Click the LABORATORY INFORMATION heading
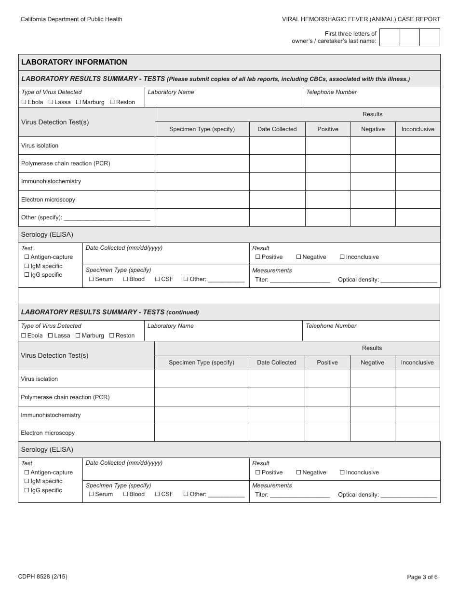[74, 62]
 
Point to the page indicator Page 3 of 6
[422, 577]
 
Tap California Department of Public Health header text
[71, 19]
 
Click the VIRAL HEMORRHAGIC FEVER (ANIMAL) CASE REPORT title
[361, 19]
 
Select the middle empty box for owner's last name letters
[410, 37]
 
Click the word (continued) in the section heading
[183, 312]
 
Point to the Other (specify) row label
[41, 217]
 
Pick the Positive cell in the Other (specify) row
[328, 217]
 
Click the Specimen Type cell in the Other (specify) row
[202, 217]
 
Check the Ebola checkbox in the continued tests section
[24, 336]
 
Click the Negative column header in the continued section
[372, 363]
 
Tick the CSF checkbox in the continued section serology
[157, 494]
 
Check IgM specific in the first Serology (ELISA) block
[27, 266]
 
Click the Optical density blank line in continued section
[408, 495]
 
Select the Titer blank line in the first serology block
[299, 280]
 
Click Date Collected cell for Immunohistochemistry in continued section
[277, 415]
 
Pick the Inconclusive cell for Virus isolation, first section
[418, 146]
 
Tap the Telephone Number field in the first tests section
[371, 100]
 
